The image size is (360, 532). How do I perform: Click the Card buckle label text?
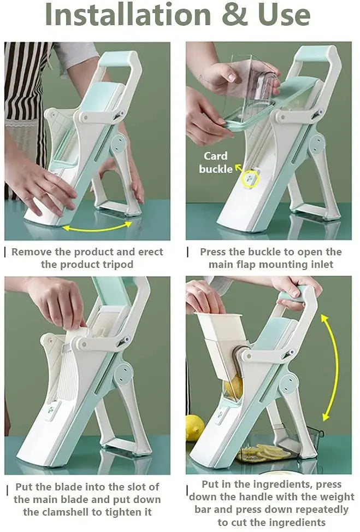(215, 162)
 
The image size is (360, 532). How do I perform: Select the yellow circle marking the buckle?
(250, 179)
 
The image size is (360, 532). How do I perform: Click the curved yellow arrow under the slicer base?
(97, 226)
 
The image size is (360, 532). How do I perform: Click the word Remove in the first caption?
(30, 252)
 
